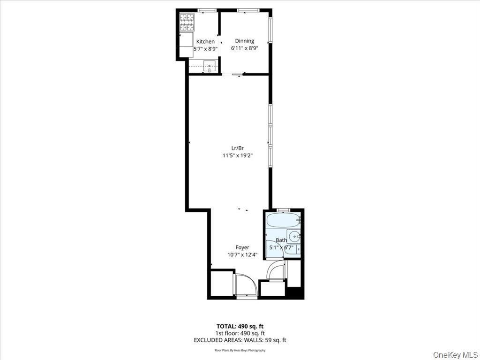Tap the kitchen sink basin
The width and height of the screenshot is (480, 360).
(x=210, y=66)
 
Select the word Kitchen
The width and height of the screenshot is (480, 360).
(x=205, y=42)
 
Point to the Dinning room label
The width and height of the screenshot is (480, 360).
(x=244, y=41)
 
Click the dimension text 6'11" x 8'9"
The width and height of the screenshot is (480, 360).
(x=244, y=48)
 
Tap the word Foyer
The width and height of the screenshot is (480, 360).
(x=242, y=247)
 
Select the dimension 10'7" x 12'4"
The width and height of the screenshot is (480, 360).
(x=242, y=255)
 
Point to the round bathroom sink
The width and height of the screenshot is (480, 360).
(x=294, y=236)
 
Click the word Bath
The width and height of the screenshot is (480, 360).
(x=281, y=240)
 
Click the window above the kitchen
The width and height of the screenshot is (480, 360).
(x=207, y=10)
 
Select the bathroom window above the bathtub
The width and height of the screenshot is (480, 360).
(x=284, y=210)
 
